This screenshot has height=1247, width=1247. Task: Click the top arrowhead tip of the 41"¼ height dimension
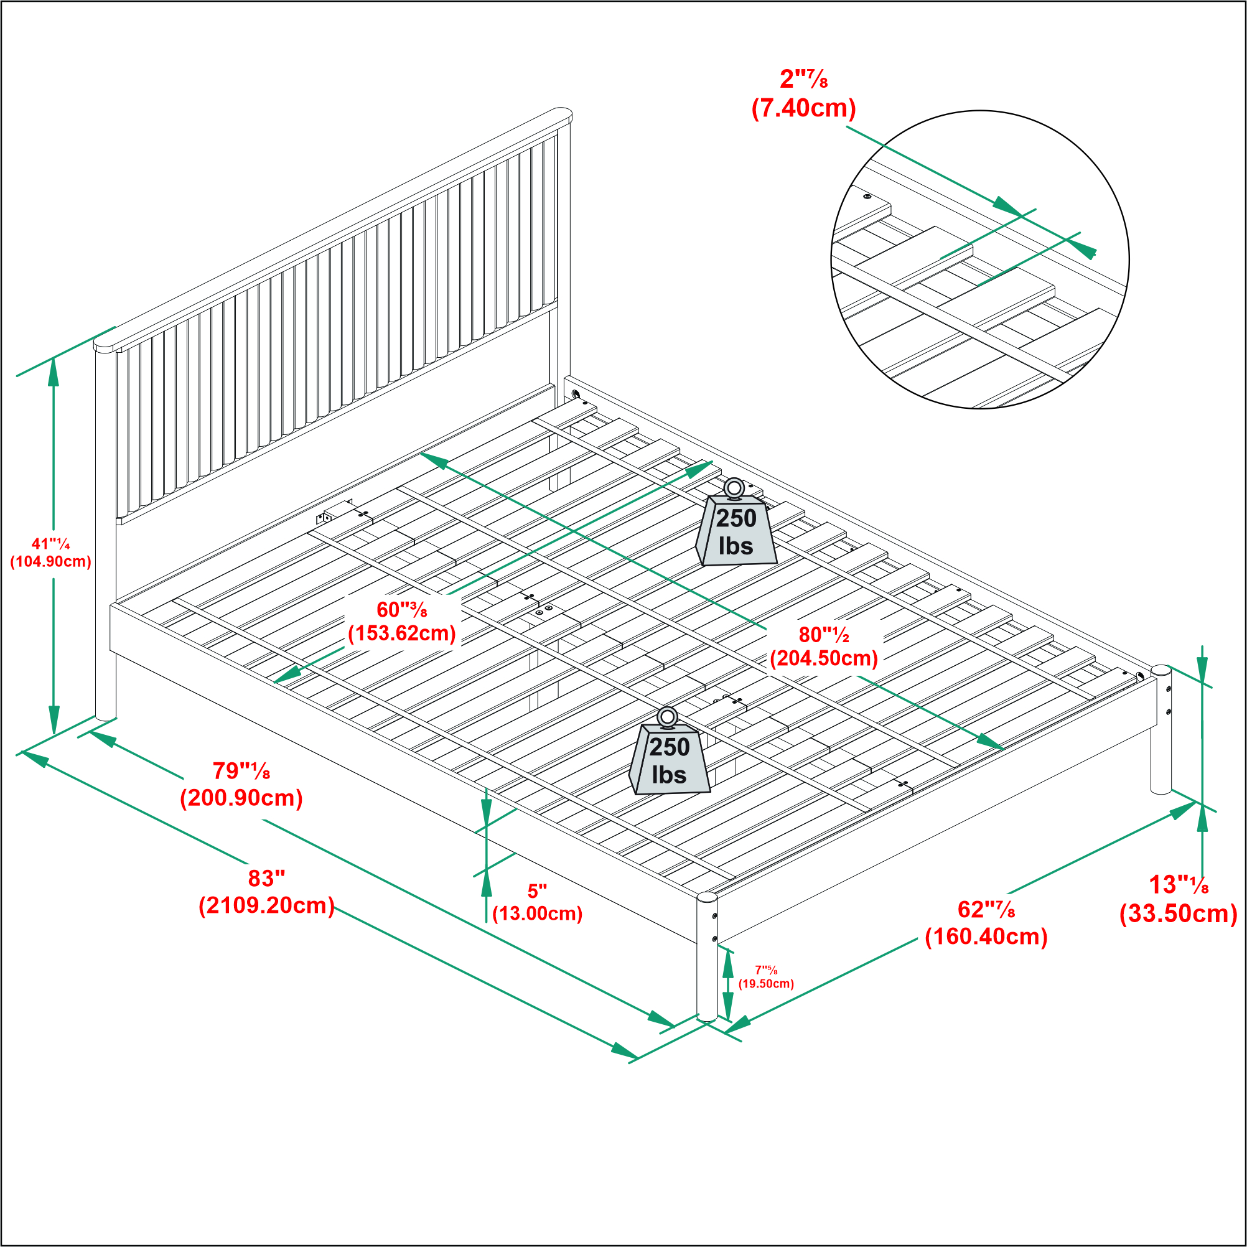54,358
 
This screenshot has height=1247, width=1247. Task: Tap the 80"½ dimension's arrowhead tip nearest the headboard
420,453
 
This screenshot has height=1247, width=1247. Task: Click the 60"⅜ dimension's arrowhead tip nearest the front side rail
273,682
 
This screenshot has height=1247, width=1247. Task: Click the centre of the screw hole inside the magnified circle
867,195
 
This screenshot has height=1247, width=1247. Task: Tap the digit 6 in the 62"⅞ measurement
964,910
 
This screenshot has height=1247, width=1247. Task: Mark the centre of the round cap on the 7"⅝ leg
708,897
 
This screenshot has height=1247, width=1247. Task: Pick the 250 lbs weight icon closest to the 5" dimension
670,752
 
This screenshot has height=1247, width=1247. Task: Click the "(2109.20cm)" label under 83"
266,905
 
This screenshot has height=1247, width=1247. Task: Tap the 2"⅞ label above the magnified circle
803,79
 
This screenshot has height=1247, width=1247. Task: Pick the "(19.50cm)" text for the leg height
766,984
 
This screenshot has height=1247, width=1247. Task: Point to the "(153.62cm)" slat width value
402,633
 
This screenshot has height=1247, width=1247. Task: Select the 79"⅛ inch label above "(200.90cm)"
241,770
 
